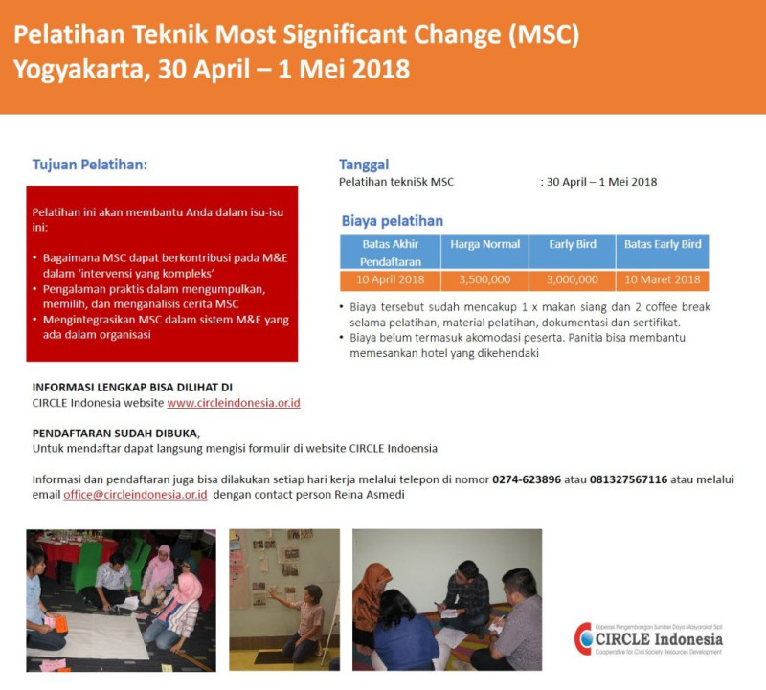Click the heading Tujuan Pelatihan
click(x=90, y=164)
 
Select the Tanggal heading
click(x=364, y=164)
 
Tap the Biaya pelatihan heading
click(x=393, y=221)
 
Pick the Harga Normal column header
click(x=484, y=244)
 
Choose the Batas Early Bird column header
click(x=663, y=244)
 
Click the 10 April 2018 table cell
click(x=389, y=279)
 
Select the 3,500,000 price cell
click(x=484, y=279)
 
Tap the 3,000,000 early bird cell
click(x=573, y=279)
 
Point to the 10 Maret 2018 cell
click(x=663, y=279)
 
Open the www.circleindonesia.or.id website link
click(x=234, y=403)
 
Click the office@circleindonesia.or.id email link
click(x=136, y=495)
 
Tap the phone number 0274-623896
click(x=527, y=479)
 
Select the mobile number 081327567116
click(x=628, y=479)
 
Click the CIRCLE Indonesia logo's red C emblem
click(x=583, y=637)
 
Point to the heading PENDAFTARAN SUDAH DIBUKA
click(x=115, y=433)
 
